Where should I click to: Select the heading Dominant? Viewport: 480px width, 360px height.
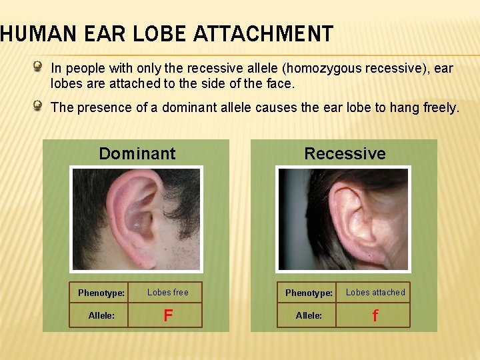pos(137,153)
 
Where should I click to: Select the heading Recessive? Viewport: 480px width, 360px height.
pos(345,153)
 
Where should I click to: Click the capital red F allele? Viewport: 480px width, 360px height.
pos(168,315)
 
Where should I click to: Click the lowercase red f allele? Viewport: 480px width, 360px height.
pos(375,315)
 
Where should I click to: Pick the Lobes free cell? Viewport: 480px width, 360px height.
pos(168,292)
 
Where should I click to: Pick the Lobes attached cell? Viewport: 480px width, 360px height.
pos(375,292)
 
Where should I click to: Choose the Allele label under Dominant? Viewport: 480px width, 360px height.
pos(101,315)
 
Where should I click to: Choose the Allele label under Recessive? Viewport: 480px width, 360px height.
pos(309,315)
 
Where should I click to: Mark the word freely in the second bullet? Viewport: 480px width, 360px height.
pos(441,107)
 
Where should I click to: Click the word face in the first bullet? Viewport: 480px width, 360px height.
pos(279,84)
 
